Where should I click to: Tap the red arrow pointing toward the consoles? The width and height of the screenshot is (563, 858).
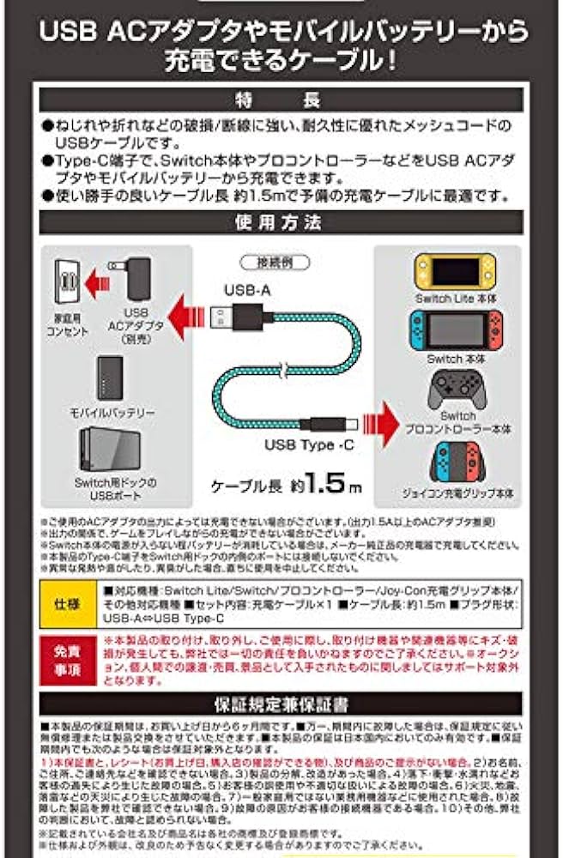(384, 423)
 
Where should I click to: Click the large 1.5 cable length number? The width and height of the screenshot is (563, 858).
(327, 482)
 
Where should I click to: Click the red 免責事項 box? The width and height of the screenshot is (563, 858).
(69, 658)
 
